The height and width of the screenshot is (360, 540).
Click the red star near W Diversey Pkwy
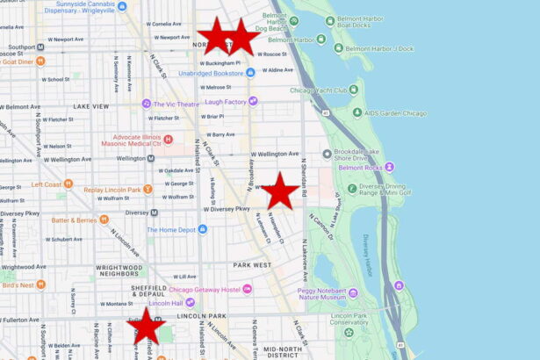280,191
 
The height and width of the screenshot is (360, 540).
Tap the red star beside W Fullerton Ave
147,326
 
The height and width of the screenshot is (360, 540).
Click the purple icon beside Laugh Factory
253,102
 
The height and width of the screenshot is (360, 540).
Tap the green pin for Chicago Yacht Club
353,90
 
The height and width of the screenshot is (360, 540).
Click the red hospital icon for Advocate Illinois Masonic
168,139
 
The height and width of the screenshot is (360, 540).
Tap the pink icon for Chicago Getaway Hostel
248,289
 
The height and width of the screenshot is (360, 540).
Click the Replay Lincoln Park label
112,190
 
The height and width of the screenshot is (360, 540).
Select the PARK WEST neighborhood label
252,264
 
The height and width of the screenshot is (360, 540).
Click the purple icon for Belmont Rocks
389,167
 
